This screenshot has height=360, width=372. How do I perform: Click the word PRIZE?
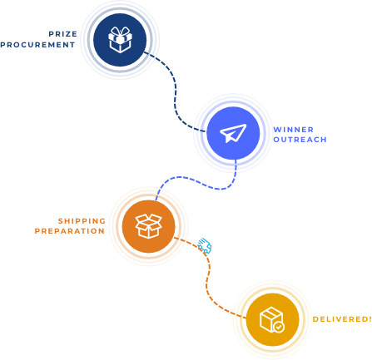[x=63, y=34]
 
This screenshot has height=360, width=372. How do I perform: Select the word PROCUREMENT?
[x=37, y=45]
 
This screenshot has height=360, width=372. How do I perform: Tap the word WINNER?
[x=294, y=130]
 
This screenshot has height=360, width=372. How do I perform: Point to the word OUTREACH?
[x=300, y=140]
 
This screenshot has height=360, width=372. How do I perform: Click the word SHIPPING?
[x=82, y=221]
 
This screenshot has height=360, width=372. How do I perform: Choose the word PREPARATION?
[x=70, y=231]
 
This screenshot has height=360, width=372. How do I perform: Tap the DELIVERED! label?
[x=342, y=319]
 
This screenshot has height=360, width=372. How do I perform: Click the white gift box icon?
[x=120, y=40]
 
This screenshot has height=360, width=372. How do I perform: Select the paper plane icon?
[x=233, y=133]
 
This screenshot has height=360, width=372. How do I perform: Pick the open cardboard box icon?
[x=148, y=226]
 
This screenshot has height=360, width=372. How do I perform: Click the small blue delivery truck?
[x=205, y=245]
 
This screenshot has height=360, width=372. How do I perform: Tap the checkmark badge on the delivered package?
[x=279, y=327]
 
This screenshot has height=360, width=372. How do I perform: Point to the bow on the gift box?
[x=120, y=31]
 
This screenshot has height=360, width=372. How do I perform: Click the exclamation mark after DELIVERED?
[x=370, y=319]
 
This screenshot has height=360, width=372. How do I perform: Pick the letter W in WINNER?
[x=277, y=130]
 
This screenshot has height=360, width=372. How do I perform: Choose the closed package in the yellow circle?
[x=271, y=319]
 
